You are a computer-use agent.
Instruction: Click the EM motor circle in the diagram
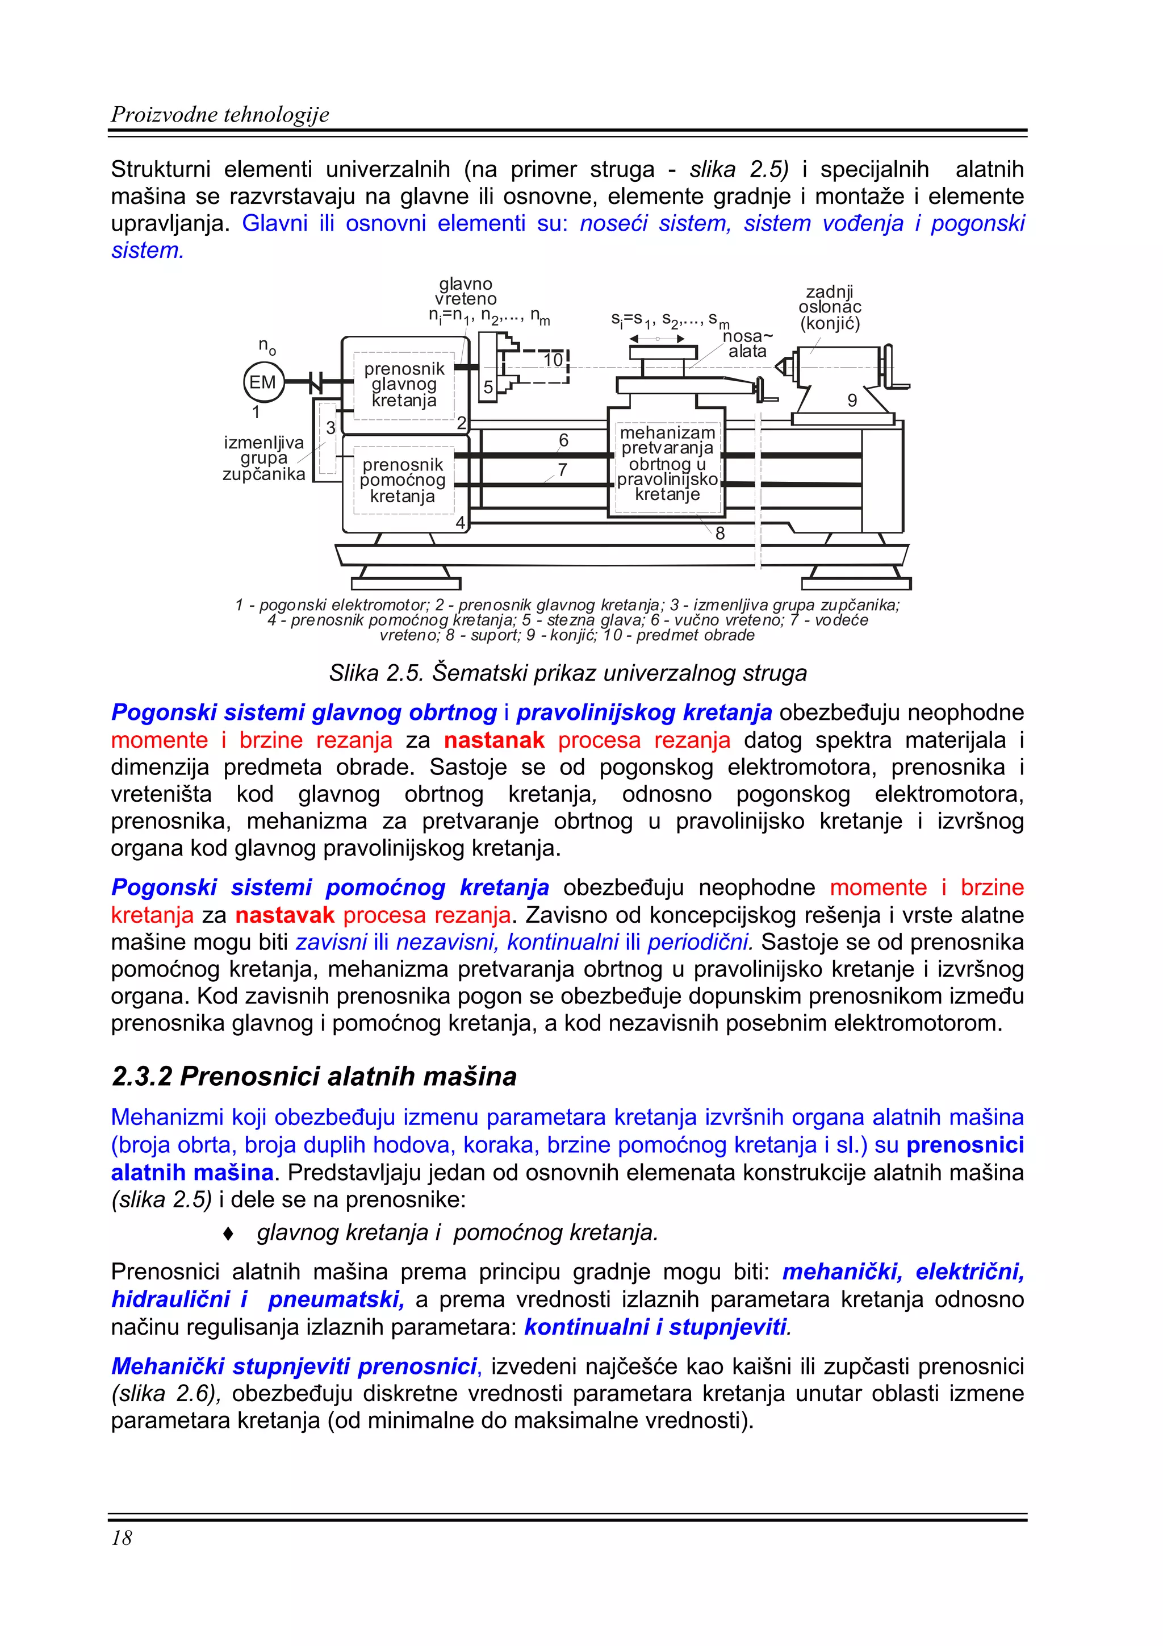[263, 382]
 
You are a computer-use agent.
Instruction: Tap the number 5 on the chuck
[488, 387]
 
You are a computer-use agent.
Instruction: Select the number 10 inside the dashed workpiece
[553, 360]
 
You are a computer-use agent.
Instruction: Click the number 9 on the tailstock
[852, 400]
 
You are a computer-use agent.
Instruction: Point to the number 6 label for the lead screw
[563, 440]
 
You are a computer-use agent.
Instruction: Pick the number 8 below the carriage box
[719, 534]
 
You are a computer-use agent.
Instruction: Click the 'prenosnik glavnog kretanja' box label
[404, 384]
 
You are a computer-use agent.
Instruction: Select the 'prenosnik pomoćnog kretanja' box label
[403, 480]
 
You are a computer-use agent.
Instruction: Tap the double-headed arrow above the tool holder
[656, 339]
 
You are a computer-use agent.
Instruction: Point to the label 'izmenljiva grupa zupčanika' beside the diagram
[263, 458]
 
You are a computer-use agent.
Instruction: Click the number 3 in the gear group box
[331, 428]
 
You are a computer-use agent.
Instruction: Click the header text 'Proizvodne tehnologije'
[220, 114]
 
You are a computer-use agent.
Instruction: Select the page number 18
[122, 1537]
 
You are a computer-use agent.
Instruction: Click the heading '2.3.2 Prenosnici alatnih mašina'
[314, 1076]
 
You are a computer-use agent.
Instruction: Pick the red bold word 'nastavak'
[285, 914]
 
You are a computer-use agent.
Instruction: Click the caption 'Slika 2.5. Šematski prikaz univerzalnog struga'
[567, 673]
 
